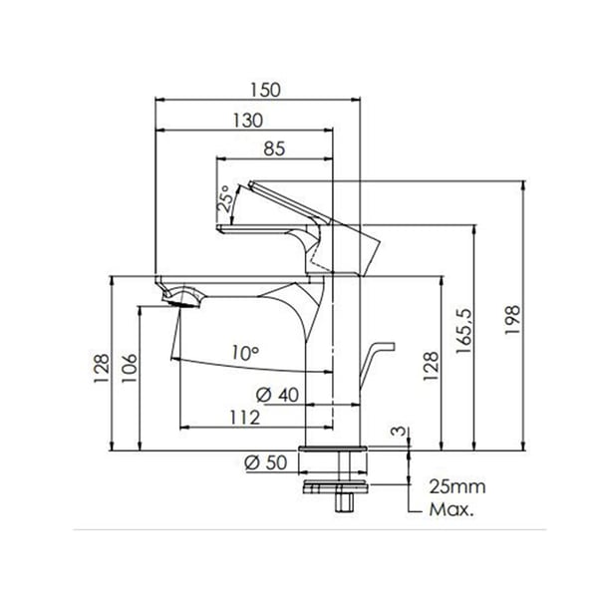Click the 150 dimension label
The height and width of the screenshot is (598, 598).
pyautogui.click(x=261, y=89)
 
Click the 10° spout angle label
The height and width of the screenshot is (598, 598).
pyautogui.click(x=245, y=352)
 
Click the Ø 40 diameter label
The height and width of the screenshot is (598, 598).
pyautogui.click(x=278, y=395)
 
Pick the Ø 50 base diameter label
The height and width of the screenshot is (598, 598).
pyautogui.click(x=264, y=461)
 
